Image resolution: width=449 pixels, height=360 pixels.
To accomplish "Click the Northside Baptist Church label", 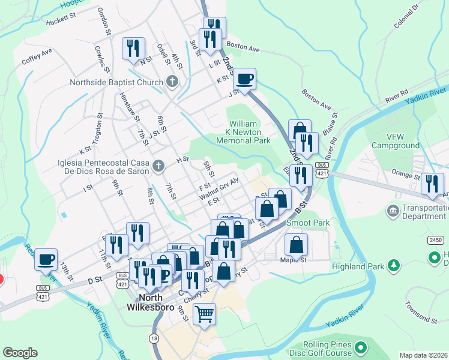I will tap(116, 82).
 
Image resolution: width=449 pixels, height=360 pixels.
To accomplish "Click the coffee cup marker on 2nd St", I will tap(244, 79).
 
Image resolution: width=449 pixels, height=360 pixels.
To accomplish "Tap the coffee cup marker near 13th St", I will tap(46, 259).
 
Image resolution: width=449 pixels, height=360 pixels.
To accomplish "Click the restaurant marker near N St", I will tap(133, 48).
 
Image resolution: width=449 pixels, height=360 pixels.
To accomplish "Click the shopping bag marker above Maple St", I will tap(296, 244).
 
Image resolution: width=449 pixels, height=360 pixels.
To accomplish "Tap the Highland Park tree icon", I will tap(394, 265).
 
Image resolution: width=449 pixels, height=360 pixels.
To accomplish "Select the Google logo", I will tap(20, 353).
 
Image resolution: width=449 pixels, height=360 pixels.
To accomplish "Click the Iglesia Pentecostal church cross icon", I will tap(158, 165).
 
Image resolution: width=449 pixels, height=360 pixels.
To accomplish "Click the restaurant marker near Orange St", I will tap(432, 184).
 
